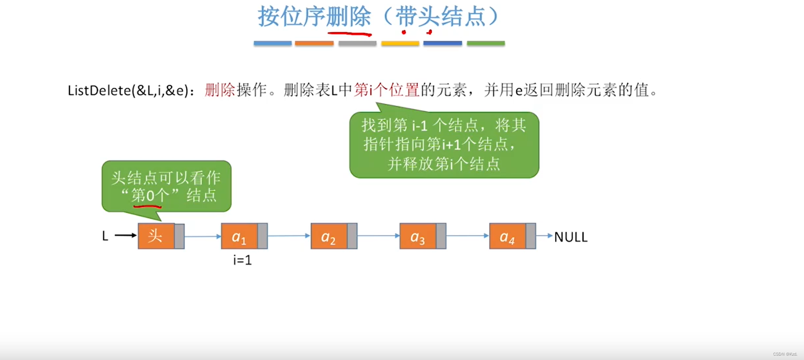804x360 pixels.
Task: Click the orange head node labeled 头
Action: pos(156,236)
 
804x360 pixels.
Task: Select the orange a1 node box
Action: pos(239,236)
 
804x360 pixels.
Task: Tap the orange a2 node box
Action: pos(329,236)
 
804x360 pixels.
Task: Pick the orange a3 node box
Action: pos(417,236)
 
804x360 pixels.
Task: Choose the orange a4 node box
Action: pos(507,236)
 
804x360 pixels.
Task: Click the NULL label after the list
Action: pos(570,237)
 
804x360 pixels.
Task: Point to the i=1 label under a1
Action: pos(243,260)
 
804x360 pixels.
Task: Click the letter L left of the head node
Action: pos(105,236)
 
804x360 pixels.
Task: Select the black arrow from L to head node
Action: pos(126,236)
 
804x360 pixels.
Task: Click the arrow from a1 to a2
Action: pos(289,236)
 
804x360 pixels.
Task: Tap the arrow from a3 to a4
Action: pos(467,236)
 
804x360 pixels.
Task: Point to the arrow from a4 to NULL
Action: pos(544,236)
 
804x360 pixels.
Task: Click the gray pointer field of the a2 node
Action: pos(352,236)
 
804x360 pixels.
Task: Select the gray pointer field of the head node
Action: pos(179,236)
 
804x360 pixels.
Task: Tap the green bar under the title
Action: pos(485,43)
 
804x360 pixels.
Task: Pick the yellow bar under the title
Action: pos(400,43)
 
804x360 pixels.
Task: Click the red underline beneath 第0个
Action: pos(147,205)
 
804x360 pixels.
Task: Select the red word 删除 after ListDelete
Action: pos(220,90)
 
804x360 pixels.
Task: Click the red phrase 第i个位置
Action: pos(387,90)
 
